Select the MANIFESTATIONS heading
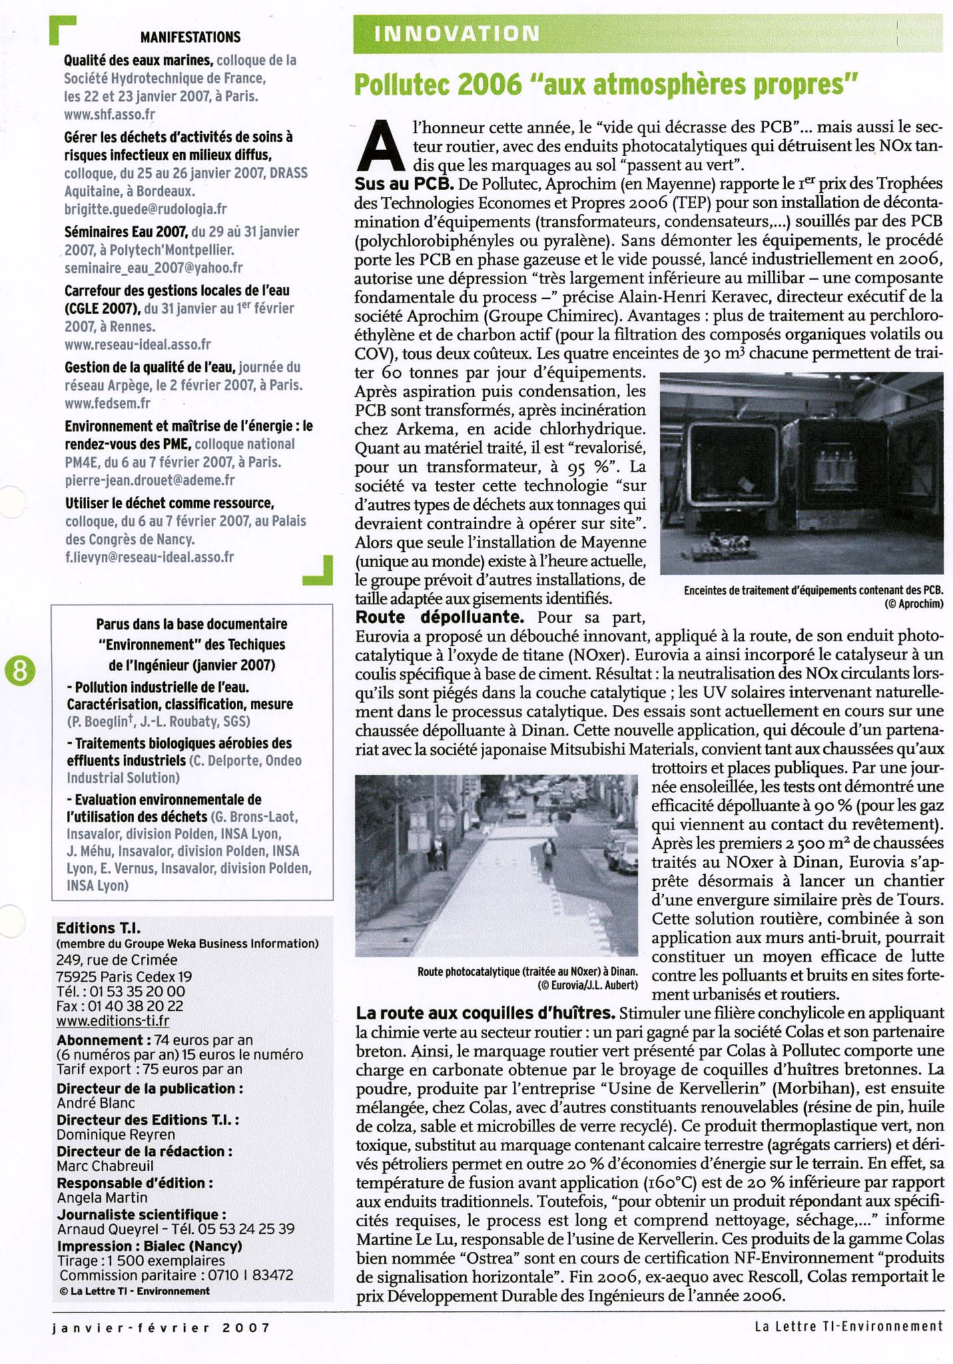pyautogui.click(x=190, y=37)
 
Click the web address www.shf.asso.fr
pyautogui.click(x=109, y=115)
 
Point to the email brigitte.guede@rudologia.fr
pyautogui.click(x=145, y=209)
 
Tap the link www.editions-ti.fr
pyautogui.click(x=113, y=1021)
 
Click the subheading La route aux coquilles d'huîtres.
pyautogui.click(x=485, y=1013)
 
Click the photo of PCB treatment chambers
pyautogui.click(x=801, y=473)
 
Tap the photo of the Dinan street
pyautogui.click(x=496, y=866)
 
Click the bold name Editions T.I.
pyautogui.click(x=99, y=928)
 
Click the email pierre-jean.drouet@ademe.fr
pyautogui.click(x=149, y=480)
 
